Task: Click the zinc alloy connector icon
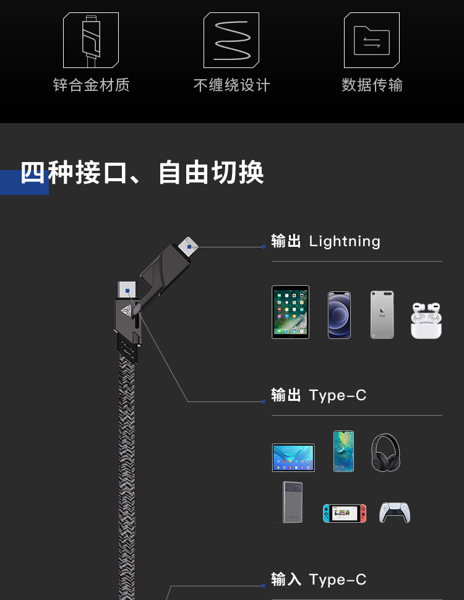(91, 40)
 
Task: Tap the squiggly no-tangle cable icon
(231, 40)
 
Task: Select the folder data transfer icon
(372, 40)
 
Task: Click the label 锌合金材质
(91, 85)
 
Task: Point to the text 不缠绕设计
(231, 85)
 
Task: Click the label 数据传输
(372, 85)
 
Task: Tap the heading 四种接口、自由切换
(142, 173)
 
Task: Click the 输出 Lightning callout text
(325, 241)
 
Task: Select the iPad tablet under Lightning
(290, 312)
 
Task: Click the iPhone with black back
(339, 315)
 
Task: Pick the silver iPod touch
(382, 315)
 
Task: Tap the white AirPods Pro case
(426, 320)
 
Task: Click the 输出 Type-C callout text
(319, 395)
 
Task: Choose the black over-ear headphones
(385, 452)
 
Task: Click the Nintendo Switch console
(344, 513)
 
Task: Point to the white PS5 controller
(395, 512)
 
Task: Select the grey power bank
(293, 502)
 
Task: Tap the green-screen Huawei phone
(343, 451)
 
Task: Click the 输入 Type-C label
(319, 580)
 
